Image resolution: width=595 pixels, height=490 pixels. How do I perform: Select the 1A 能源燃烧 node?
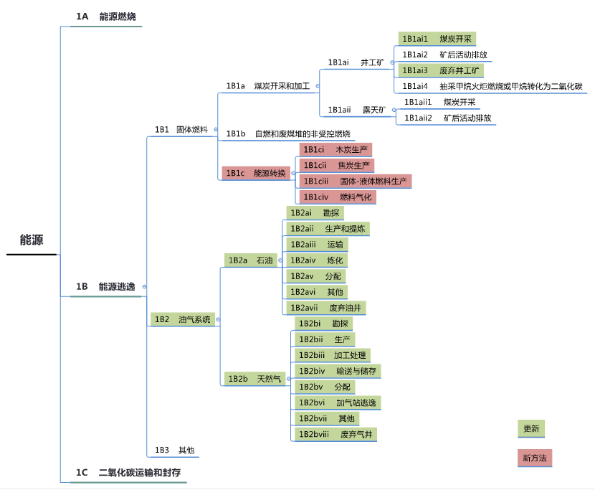106,17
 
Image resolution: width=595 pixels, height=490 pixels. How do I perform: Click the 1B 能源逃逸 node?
105,286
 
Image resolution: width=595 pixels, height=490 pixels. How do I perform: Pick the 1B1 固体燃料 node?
181,130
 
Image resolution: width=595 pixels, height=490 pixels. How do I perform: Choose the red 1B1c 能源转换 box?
256,173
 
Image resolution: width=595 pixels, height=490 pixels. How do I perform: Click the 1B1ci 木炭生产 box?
335,150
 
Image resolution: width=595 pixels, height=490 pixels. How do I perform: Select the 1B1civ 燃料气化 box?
337,197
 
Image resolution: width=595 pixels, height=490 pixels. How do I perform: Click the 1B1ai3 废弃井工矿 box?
440,70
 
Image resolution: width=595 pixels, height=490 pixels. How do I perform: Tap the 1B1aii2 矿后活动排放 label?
447,118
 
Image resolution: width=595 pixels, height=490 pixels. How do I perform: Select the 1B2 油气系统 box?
182,319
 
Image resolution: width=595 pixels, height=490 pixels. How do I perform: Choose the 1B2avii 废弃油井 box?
326,307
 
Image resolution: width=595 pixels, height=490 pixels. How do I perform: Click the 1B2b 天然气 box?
255,378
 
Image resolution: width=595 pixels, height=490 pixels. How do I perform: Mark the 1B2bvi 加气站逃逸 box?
336,402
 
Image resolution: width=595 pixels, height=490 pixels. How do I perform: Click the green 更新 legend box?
531,429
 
